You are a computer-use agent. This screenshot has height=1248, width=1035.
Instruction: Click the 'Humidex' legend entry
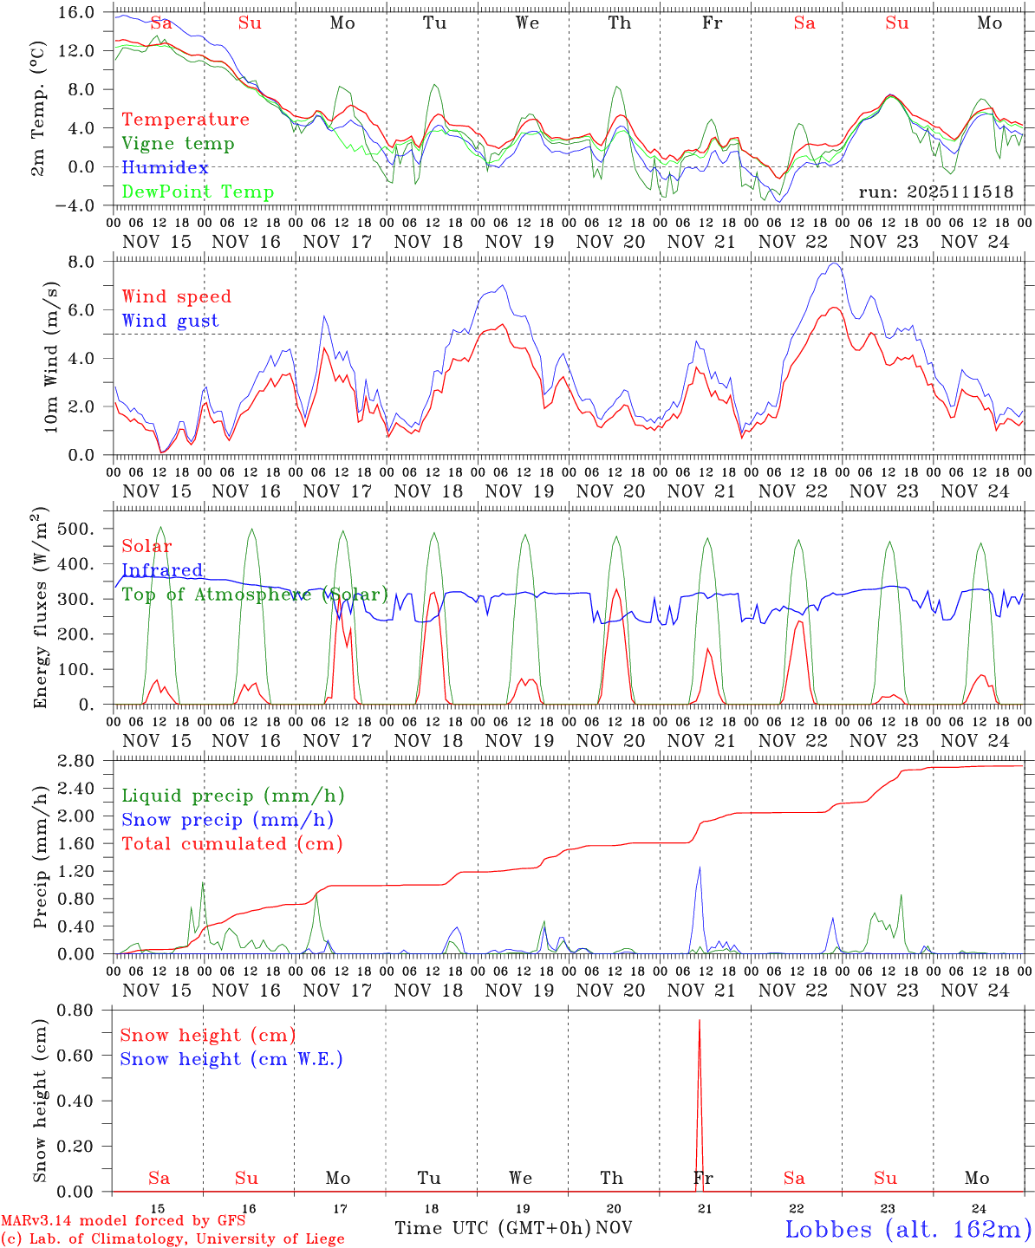[153, 168]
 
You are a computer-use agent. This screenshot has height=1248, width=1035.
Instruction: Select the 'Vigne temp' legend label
[178, 144]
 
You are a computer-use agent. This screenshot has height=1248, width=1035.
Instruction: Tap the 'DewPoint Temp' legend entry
[198, 192]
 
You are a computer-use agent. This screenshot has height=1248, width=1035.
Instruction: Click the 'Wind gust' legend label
[171, 321]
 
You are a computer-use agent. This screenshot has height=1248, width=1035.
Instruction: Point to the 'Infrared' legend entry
[162, 570]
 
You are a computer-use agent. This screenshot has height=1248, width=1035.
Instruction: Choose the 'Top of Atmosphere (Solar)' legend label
[255, 595]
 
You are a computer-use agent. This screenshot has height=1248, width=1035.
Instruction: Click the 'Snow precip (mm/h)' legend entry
[227, 820]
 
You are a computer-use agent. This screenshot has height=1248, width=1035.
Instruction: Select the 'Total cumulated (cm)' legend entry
[232, 844]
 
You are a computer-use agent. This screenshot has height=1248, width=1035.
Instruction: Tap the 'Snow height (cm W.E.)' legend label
[231, 1059]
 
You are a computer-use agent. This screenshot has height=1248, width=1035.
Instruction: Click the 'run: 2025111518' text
[935, 192]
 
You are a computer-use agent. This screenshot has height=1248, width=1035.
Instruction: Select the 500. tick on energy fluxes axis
[77, 529]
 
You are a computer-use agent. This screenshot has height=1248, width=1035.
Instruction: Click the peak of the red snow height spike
[700, 1021]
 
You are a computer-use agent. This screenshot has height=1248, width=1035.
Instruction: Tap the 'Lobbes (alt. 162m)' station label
[908, 1229]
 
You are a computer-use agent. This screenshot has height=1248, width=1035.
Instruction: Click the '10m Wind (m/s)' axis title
[52, 357]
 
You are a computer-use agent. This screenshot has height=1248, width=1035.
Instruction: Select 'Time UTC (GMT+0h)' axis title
[492, 1228]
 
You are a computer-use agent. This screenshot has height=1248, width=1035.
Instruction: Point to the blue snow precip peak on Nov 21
[699, 868]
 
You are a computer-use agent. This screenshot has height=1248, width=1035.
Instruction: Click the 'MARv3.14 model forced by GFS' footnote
[123, 1220]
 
